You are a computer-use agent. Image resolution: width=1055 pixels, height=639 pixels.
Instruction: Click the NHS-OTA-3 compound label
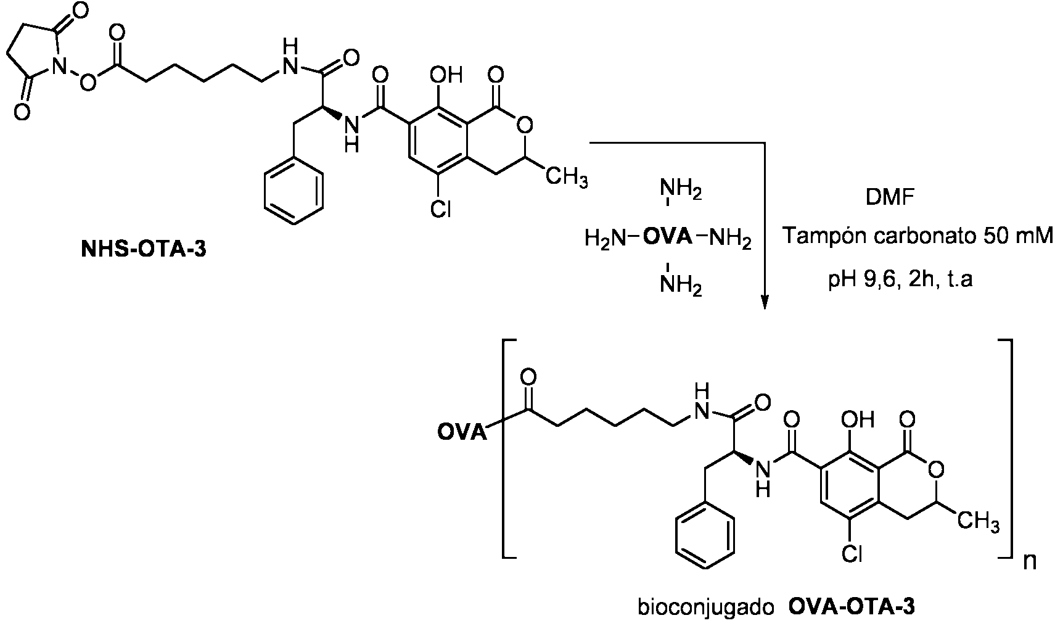pos(144,249)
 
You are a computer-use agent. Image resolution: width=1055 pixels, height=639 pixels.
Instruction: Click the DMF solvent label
pos(890,197)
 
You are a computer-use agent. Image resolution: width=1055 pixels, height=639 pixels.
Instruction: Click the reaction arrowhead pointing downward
pos(765,302)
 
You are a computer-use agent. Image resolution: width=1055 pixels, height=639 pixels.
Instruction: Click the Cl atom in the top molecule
pos(441,208)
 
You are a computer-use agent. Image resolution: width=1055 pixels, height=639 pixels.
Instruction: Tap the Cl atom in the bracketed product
pos(852,554)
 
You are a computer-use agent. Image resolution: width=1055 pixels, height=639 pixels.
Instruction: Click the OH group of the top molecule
pos(446,75)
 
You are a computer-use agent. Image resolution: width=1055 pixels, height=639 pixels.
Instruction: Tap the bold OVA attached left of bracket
pos(462,432)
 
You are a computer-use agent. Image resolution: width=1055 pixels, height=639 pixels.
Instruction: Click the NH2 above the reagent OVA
pos(681,190)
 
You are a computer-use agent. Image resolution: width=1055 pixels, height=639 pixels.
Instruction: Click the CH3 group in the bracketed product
pos(978,523)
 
